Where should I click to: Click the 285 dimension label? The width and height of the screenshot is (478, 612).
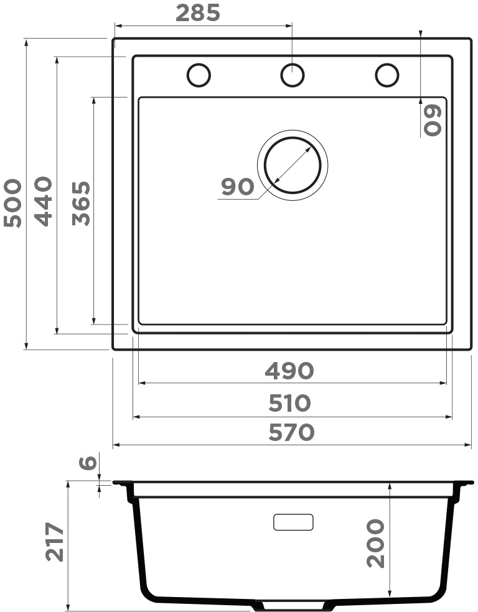[x=198, y=13]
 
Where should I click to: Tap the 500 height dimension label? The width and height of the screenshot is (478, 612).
[x=12, y=203]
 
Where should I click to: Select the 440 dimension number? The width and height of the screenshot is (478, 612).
[x=43, y=202]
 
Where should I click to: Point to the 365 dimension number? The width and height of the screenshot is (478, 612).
[x=82, y=203]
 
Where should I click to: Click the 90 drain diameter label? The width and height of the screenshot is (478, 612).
[x=237, y=187]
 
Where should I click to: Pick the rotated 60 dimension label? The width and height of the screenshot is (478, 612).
[x=433, y=120]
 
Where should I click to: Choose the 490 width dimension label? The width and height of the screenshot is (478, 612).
[x=289, y=371]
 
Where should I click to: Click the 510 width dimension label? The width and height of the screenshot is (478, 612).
[x=289, y=403]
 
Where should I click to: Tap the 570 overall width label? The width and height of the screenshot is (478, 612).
[x=291, y=432]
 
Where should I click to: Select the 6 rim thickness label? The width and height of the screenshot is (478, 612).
[x=88, y=463]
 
